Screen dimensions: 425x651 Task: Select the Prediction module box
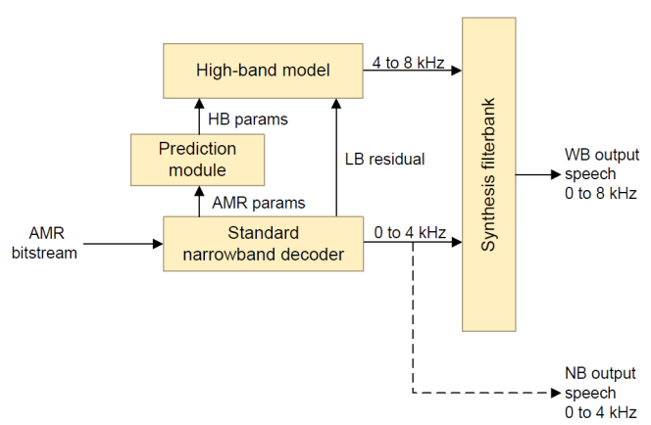[x=197, y=159]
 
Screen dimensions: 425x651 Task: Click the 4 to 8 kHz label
[x=408, y=65]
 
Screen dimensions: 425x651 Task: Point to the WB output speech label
[x=601, y=174]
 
